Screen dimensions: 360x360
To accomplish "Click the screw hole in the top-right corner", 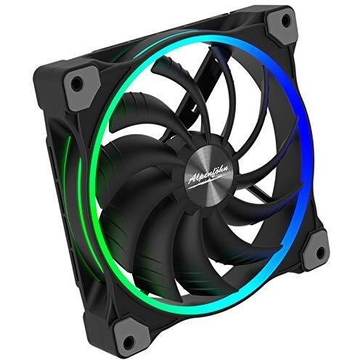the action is point(286,19).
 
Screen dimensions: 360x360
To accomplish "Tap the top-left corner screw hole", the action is point(77,82).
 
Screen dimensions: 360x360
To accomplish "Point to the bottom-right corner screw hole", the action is point(320,252).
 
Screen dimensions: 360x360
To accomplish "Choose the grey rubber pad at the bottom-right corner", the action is point(316,250).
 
